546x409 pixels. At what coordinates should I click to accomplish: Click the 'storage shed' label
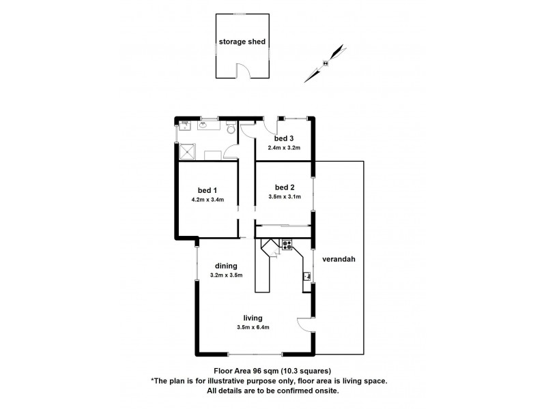pos(242,42)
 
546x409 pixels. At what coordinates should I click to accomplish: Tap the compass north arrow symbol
pos(325,63)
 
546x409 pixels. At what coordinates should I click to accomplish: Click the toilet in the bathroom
pos(231,128)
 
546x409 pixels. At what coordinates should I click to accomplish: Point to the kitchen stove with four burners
pos(287,244)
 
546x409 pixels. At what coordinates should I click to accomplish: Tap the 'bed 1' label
pos(207,190)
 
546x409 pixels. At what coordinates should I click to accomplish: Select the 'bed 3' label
pos(284,139)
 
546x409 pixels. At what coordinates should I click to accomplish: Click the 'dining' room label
pos(226,266)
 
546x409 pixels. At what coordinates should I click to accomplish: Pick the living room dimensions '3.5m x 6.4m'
pos(253,328)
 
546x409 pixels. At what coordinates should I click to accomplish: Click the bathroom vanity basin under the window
pos(204,125)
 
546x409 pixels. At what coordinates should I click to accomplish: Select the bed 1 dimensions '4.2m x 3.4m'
pos(207,200)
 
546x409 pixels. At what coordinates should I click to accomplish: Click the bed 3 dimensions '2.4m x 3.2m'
pos(284,148)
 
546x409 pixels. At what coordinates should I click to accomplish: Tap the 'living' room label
pos(253,318)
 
